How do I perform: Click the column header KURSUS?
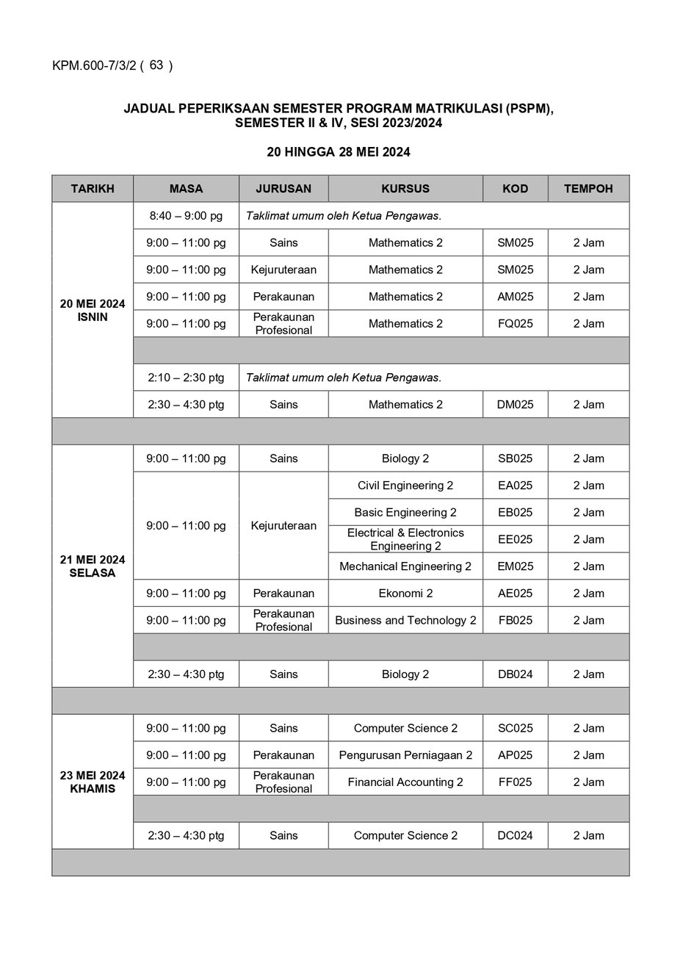pyautogui.click(x=405, y=189)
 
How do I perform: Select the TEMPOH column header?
pyautogui.click(x=588, y=189)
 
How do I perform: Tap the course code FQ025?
pyautogui.click(x=516, y=323)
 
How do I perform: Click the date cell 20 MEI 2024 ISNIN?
pyautogui.click(x=93, y=310)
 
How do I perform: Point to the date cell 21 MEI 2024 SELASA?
pyautogui.click(x=93, y=566)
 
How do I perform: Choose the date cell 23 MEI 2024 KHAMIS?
pyautogui.click(x=93, y=782)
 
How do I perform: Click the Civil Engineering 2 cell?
pyautogui.click(x=405, y=485)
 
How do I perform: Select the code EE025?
pyautogui.click(x=516, y=539)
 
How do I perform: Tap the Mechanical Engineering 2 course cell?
pyautogui.click(x=405, y=566)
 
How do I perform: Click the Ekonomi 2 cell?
pyautogui.click(x=405, y=593)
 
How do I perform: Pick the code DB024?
pyautogui.click(x=516, y=674)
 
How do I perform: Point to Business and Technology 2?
pyautogui.click(x=405, y=620)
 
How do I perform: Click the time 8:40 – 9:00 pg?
pyautogui.click(x=186, y=216)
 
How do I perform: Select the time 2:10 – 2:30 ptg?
pyautogui.click(x=186, y=378)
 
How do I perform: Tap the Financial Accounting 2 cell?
pyautogui.click(x=405, y=782)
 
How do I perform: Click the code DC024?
pyautogui.click(x=516, y=835)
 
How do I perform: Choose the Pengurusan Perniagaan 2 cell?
pyautogui.click(x=405, y=755)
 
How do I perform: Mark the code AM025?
pyautogui.click(x=516, y=297)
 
